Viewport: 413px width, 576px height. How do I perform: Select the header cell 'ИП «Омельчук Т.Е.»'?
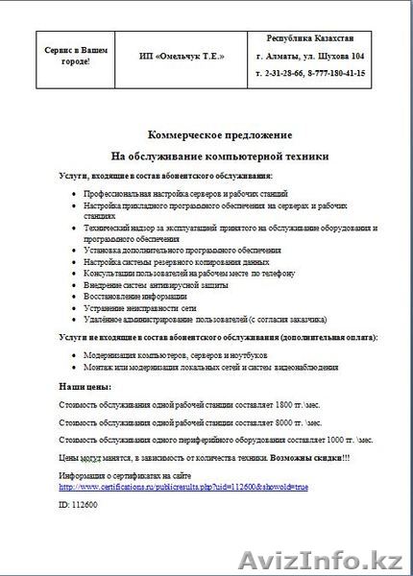click(182, 57)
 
